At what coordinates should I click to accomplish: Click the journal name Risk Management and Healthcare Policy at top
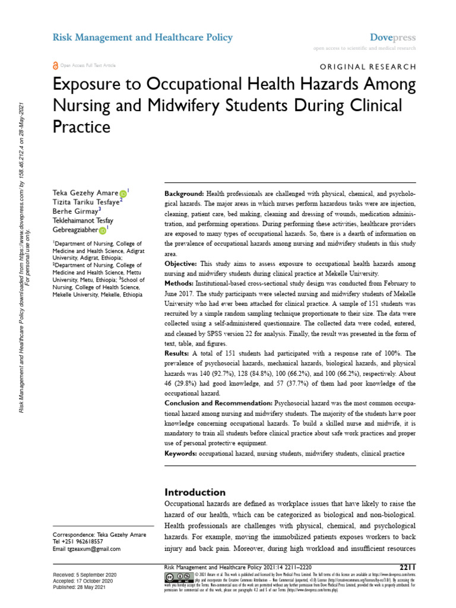point(142,37)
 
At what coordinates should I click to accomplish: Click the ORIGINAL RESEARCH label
point(368,67)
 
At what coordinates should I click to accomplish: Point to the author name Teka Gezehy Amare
point(85,193)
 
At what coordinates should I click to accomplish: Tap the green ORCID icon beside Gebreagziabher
point(102,230)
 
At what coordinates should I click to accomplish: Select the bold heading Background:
point(184,194)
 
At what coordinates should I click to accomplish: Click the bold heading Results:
point(179,353)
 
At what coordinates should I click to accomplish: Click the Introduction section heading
point(195,492)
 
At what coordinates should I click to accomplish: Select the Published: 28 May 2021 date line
point(84,588)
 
